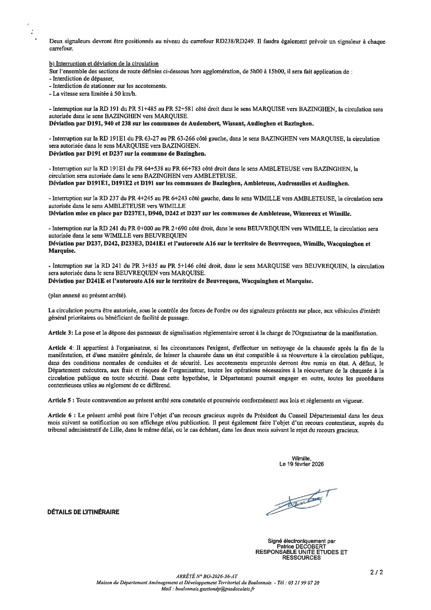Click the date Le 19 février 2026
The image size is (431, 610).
[x=301, y=464]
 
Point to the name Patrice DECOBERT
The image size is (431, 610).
[x=301, y=547]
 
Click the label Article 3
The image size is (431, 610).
[x=60, y=333]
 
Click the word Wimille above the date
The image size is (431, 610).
[x=301, y=458]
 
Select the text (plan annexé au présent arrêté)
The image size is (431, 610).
[x=87, y=296]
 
